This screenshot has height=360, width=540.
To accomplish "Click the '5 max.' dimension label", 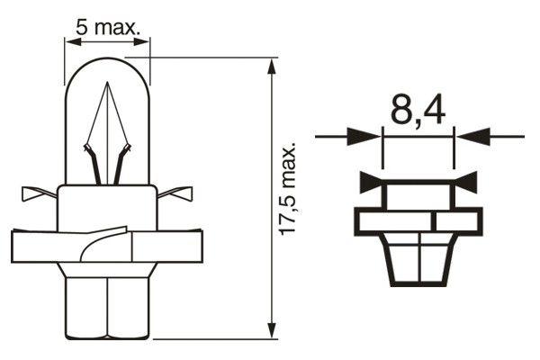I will [x=109, y=27].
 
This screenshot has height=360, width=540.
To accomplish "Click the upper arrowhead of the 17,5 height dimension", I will [x=273, y=65].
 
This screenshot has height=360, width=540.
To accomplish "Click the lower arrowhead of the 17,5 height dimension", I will [x=273, y=333].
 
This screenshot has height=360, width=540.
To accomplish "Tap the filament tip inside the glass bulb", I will [x=108, y=85].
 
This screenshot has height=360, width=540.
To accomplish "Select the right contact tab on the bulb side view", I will [x=178, y=193].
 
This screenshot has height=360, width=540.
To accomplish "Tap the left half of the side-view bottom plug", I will [x=87, y=306].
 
